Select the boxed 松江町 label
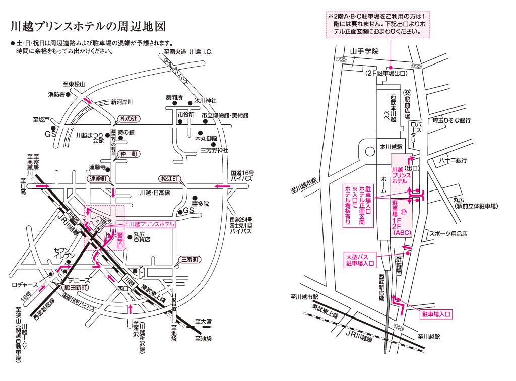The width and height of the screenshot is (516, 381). tap(169, 179)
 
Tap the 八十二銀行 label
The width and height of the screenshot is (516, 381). tap(453, 160)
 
